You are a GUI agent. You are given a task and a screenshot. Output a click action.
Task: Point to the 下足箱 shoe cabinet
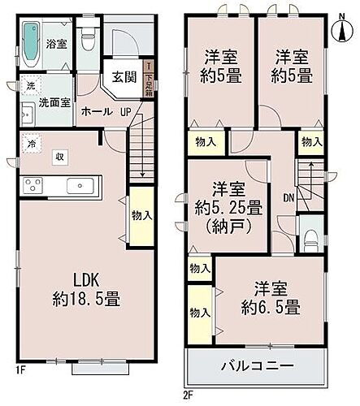point(148,78)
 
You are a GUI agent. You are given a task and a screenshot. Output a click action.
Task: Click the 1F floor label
point(22,374)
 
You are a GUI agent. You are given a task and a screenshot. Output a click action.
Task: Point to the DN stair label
point(288,197)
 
